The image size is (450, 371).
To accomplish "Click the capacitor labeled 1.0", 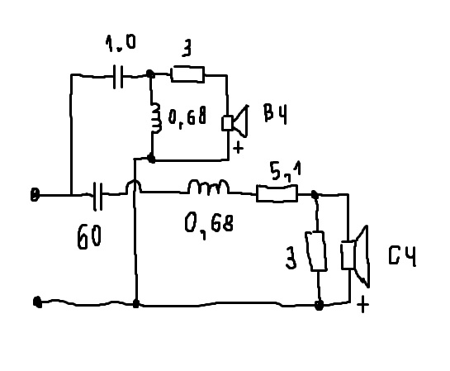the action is coord(118,77).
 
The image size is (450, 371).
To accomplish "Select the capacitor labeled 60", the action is coord(97,196).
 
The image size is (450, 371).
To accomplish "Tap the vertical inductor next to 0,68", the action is coord(155,118).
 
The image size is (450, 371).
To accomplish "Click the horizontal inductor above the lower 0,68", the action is coord(209,187).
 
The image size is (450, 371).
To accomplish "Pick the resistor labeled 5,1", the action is coord(277,193).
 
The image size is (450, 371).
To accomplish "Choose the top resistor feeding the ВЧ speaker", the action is coord(187,74).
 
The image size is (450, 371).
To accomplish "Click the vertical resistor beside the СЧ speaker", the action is coord(316,251).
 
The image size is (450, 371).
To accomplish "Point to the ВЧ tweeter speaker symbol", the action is coord(235,121).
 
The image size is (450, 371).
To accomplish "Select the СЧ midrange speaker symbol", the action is coord(355,256).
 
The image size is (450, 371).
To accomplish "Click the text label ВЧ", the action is coord(275,114).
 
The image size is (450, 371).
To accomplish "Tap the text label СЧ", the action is coord(402,255).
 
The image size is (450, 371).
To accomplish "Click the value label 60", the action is coord(89,237).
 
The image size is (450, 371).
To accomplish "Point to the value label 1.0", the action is coord(121,43).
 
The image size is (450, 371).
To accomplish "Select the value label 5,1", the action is coord(286,171).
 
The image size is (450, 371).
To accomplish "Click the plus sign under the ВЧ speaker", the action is coord(238,148).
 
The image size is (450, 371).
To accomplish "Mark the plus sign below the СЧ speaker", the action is coord(363,305).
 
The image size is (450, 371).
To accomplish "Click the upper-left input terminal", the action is coord(35,195).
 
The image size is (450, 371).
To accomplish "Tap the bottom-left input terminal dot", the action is coord(38,302).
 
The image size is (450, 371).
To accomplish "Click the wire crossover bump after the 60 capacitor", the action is coord(134,186).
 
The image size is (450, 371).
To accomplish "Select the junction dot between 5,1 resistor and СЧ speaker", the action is coord(315,195).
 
